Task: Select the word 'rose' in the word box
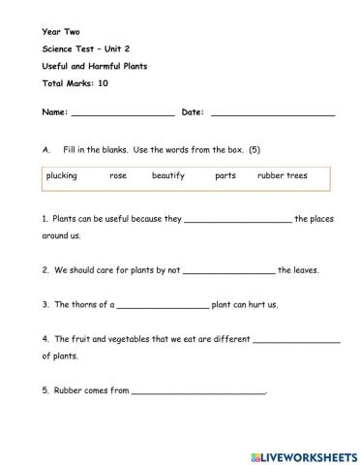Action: point(118,176)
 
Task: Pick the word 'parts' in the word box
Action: point(225,176)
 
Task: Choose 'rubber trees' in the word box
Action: point(282,176)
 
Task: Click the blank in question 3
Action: point(162,306)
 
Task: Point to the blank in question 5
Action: point(197,392)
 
